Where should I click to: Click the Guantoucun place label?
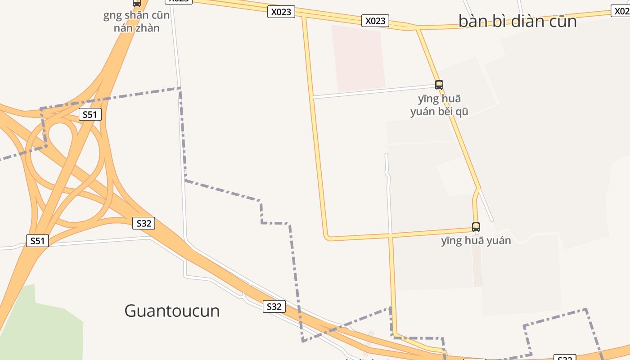tap(172, 310)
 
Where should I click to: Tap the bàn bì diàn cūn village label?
tap(517, 21)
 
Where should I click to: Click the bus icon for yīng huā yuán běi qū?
tap(439, 85)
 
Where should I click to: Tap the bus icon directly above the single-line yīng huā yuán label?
tap(476, 227)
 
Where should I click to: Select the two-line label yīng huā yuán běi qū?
tap(439, 105)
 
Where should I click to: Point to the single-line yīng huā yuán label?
tap(476, 241)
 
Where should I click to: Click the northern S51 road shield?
tap(90, 115)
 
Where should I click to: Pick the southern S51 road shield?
tap(37, 241)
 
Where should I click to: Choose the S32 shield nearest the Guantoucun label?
tap(274, 307)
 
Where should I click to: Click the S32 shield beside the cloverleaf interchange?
tap(144, 223)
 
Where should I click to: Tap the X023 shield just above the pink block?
tap(375, 21)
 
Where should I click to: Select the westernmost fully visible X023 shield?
tap(281, 12)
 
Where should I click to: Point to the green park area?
tap(40, 324)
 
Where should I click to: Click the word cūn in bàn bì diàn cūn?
tap(564, 21)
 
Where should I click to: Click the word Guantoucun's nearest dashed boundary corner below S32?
tap(303, 341)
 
